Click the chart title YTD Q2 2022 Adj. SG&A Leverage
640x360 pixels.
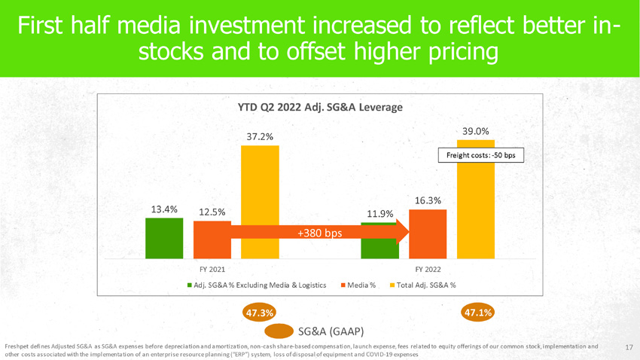[x=320, y=107]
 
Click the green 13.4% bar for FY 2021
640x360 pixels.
[x=165, y=236]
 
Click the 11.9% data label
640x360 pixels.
[x=379, y=215]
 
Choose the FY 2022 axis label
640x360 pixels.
[x=428, y=269]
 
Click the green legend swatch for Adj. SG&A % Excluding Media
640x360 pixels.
[x=189, y=285]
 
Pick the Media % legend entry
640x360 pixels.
[x=362, y=285]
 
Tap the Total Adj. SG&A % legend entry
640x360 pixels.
[x=425, y=285]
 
